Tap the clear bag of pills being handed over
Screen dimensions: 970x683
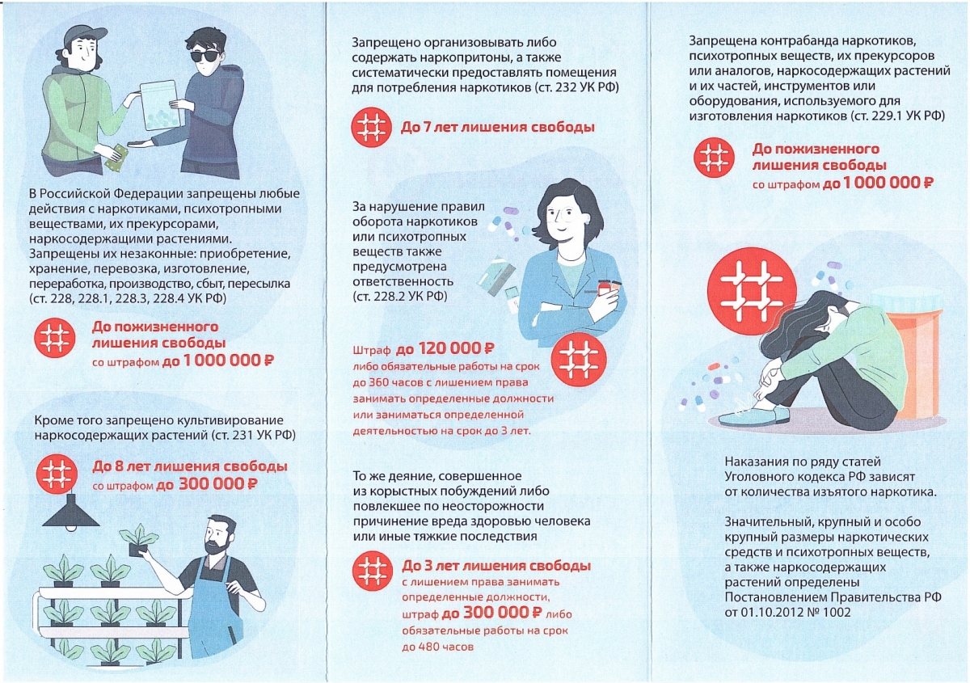[x=161, y=106]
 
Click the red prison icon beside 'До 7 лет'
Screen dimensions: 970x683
[x=371, y=128]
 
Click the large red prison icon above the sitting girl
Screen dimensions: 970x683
[x=751, y=292]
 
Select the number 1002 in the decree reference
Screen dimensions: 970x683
[x=836, y=613]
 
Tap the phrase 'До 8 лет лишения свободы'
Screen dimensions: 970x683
[x=190, y=466]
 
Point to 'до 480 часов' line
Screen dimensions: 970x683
[x=438, y=647]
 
